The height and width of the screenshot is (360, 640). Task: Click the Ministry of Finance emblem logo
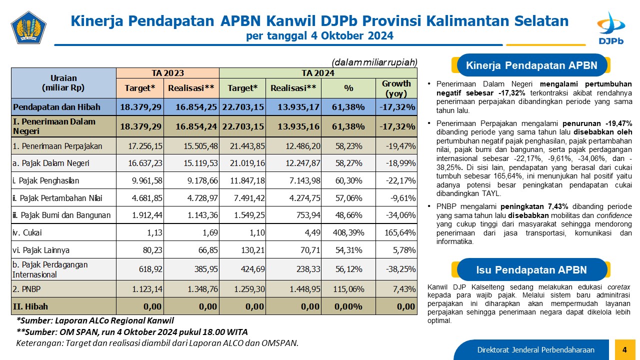(28, 27)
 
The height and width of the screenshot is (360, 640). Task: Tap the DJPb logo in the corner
(611, 28)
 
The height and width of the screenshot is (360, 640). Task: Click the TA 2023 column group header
(167, 73)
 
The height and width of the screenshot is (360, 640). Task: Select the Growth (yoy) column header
(396, 88)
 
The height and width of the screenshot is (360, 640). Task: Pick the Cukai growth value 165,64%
(400, 232)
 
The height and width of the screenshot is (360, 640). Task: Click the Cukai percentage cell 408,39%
(348, 232)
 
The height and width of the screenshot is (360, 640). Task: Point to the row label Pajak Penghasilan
(45, 180)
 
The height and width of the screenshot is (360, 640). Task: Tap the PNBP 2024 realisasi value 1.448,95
(305, 289)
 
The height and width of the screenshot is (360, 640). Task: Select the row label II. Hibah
(30, 306)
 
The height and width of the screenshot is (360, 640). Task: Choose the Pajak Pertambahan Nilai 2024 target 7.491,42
(249, 198)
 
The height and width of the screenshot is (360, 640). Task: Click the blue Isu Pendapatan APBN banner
(531, 269)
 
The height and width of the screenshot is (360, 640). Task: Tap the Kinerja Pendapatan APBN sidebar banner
(531, 65)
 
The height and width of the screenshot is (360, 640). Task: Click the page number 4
(624, 349)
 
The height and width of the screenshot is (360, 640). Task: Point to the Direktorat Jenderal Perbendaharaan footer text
(535, 349)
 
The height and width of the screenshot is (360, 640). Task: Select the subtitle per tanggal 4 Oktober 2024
(319, 35)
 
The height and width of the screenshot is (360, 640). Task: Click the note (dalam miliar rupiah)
(374, 62)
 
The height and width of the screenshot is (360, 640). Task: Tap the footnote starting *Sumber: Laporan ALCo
(95, 320)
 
